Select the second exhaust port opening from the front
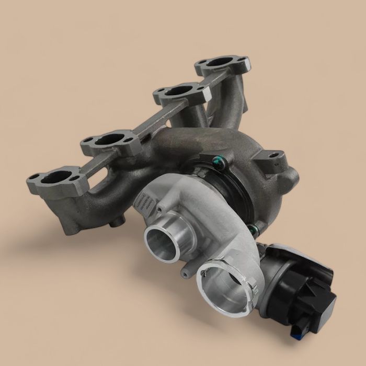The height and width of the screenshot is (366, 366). (110, 140)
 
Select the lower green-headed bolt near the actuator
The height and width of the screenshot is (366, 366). (254, 228)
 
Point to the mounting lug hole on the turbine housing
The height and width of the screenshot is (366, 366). (272, 155)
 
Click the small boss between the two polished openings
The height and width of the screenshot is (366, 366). (185, 272)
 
